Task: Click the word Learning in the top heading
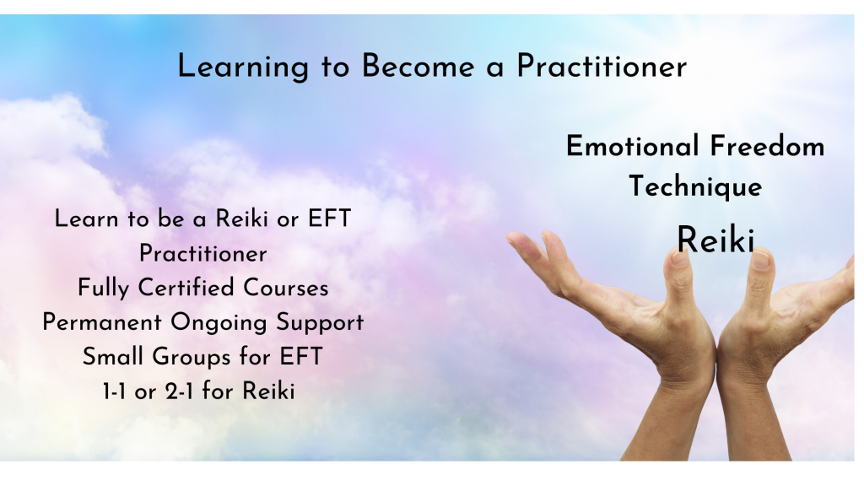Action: tap(243, 67)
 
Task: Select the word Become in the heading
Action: tap(418, 67)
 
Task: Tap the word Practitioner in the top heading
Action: tap(602, 67)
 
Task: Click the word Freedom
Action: tap(768, 147)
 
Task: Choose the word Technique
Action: tap(695, 186)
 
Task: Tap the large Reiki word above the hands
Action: tap(715, 240)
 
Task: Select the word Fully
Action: tap(103, 289)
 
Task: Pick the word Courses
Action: tap(286, 289)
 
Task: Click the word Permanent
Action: tap(102, 322)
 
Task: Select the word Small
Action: tap(113, 357)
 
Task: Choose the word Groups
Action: tap(192, 357)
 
